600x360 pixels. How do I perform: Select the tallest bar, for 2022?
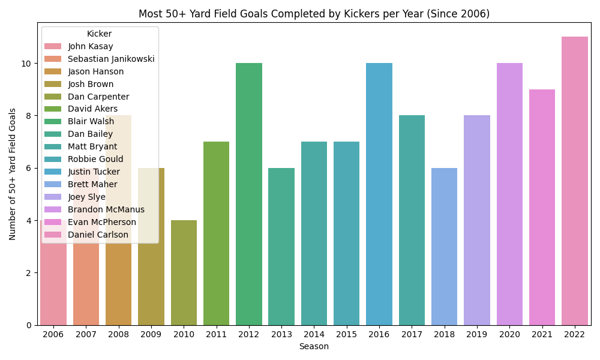[x=575, y=181]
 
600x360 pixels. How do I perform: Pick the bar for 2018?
[x=444, y=246]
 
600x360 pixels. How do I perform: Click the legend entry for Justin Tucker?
[x=94, y=172]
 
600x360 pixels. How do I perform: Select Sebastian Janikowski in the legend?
[x=111, y=59]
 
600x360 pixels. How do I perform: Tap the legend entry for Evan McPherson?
[x=102, y=222]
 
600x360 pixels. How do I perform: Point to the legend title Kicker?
[x=99, y=34]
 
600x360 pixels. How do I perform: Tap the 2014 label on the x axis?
[x=314, y=334]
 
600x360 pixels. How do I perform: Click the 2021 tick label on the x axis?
[x=542, y=334]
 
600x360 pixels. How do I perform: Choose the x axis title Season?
[x=314, y=346]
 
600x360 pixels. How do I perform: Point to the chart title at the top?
[x=314, y=14]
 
